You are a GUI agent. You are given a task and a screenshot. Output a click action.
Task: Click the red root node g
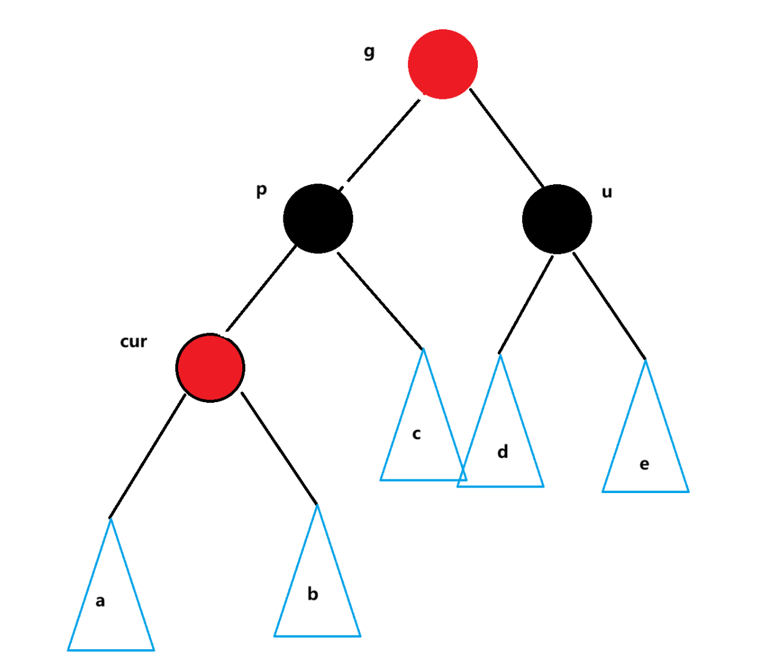coord(442,64)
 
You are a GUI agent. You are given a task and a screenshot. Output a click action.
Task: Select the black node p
coord(318,219)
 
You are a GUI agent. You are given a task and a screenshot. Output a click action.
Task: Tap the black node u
coord(556,219)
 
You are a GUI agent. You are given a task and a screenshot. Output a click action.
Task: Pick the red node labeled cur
coord(211,368)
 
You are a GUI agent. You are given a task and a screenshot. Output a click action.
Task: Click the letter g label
coord(369,52)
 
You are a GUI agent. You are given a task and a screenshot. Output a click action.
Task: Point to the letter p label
coord(262,190)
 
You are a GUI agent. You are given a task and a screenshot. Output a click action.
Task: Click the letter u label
coord(607,192)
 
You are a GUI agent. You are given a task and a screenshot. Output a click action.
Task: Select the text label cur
coord(133,342)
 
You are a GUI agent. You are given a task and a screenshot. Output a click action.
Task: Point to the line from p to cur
coord(262,288)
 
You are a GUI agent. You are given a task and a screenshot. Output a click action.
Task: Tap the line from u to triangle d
coord(526,304)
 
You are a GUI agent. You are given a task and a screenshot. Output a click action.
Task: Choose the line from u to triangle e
coord(609,306)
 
